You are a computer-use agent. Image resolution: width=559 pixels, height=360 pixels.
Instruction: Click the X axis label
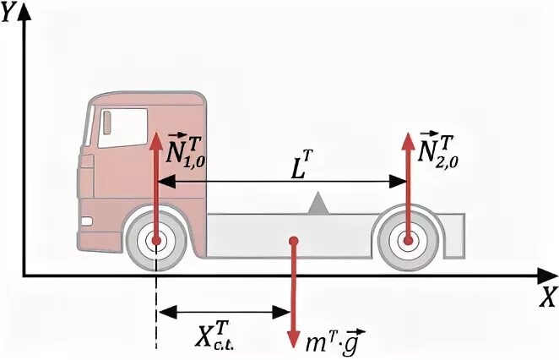[547, 297]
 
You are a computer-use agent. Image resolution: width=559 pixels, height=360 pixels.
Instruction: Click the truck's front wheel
[156, 241]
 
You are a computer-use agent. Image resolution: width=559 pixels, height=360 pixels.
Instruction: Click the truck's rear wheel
[408, 241]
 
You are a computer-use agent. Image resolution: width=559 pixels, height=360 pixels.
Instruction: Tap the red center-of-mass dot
[293, 243]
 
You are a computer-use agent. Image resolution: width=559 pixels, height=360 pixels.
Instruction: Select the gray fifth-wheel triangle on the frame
[318, 204]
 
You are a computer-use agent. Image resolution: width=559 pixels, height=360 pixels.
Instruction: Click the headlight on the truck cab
[86, 221]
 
